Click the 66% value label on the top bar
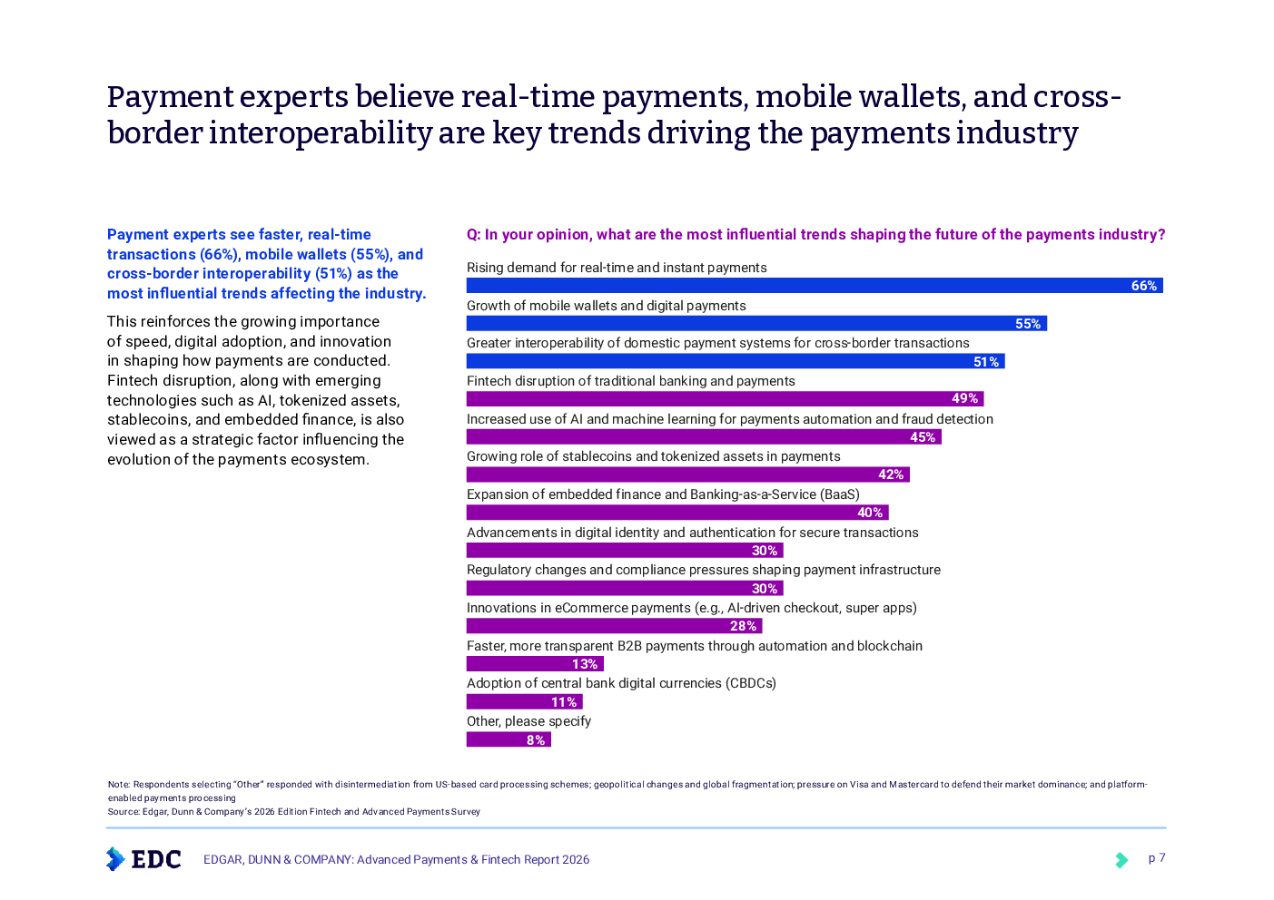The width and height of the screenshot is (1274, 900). [x=1143, y=286]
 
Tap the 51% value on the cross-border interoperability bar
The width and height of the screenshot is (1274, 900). [x=986, y=362]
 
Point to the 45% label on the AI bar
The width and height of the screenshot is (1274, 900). [x=923, y=437]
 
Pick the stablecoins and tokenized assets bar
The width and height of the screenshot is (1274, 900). [x=686, y=474]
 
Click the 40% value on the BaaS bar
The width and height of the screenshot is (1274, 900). [x=870, y=513]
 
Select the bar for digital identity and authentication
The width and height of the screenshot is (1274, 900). [x=624, y=551]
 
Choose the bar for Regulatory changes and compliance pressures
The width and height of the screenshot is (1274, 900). [x=624, y=589]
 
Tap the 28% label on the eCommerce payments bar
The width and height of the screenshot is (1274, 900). [x=743, y=626]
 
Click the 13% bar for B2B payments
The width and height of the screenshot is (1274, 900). [x=534, y=664]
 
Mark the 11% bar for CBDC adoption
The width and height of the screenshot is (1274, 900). [x=524, y=702]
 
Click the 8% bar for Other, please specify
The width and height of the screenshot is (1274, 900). [x=508, y=740]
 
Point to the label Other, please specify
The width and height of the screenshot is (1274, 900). [x=528, y=721]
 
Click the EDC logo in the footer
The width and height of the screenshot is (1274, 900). [x=143, y=858]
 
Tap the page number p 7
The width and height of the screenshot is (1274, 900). [x=1156, y=858]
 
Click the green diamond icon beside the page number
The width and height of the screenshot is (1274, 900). [x=1122, y=859]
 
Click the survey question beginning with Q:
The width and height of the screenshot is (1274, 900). [x=815, y=235]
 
